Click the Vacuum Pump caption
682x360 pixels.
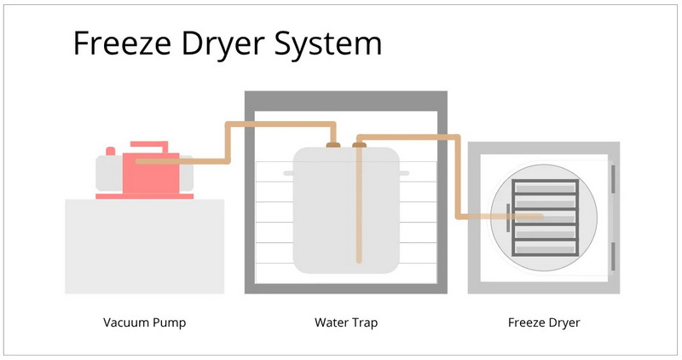tap(144, 323)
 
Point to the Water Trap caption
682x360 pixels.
tap(346, 323)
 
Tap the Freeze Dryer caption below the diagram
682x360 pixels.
tap(544, 323)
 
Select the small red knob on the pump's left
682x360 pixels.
tap(110, 152)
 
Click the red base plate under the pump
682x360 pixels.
tap(144, 196)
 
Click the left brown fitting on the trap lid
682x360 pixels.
tap(333, 145)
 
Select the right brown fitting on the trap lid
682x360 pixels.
tap(360, 145)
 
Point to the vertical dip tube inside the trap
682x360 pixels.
tap(360, 213)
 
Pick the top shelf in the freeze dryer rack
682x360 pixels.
tap(545, 187)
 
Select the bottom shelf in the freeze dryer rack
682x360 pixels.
tap(545, 248)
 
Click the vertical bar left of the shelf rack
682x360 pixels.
tap(508, 218)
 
